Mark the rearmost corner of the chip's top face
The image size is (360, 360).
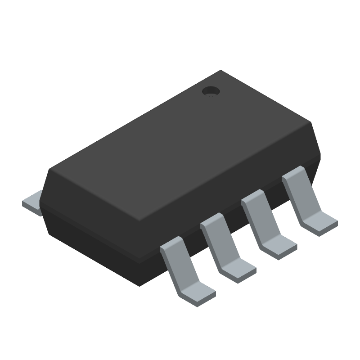click(220, 71)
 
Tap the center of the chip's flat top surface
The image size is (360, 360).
click(180, 144)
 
